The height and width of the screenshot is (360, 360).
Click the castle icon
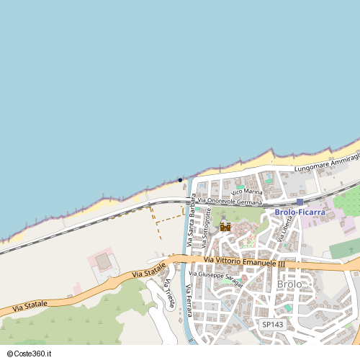(225, 227)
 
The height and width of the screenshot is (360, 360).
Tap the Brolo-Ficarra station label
(300, 212)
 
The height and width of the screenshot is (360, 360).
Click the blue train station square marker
(300, 202)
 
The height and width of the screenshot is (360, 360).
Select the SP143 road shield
(272, 325)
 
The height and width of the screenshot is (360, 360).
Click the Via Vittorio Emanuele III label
(245, 262)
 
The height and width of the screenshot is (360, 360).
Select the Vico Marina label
(247, 192)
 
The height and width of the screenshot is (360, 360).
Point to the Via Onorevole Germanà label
(230, 202)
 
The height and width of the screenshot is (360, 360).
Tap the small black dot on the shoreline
(180, 180)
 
